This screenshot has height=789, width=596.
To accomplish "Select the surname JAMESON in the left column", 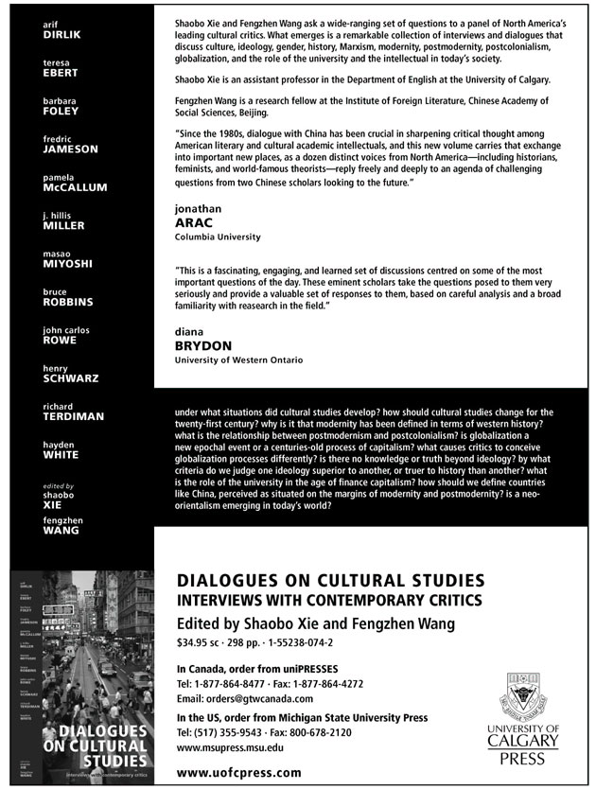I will pos(69,149).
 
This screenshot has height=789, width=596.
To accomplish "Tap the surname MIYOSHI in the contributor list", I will pos(66,264).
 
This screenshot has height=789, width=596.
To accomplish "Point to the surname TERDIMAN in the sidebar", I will pos(73,416).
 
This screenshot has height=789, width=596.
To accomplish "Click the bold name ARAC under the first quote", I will pos(194,222).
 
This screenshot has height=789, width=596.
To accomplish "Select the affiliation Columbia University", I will pos(219,237).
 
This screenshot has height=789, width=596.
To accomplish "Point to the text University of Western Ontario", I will pos(239,360).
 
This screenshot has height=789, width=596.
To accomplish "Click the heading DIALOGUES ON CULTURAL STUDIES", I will pos(330,580).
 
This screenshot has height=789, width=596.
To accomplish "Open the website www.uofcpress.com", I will pos(239,772).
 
